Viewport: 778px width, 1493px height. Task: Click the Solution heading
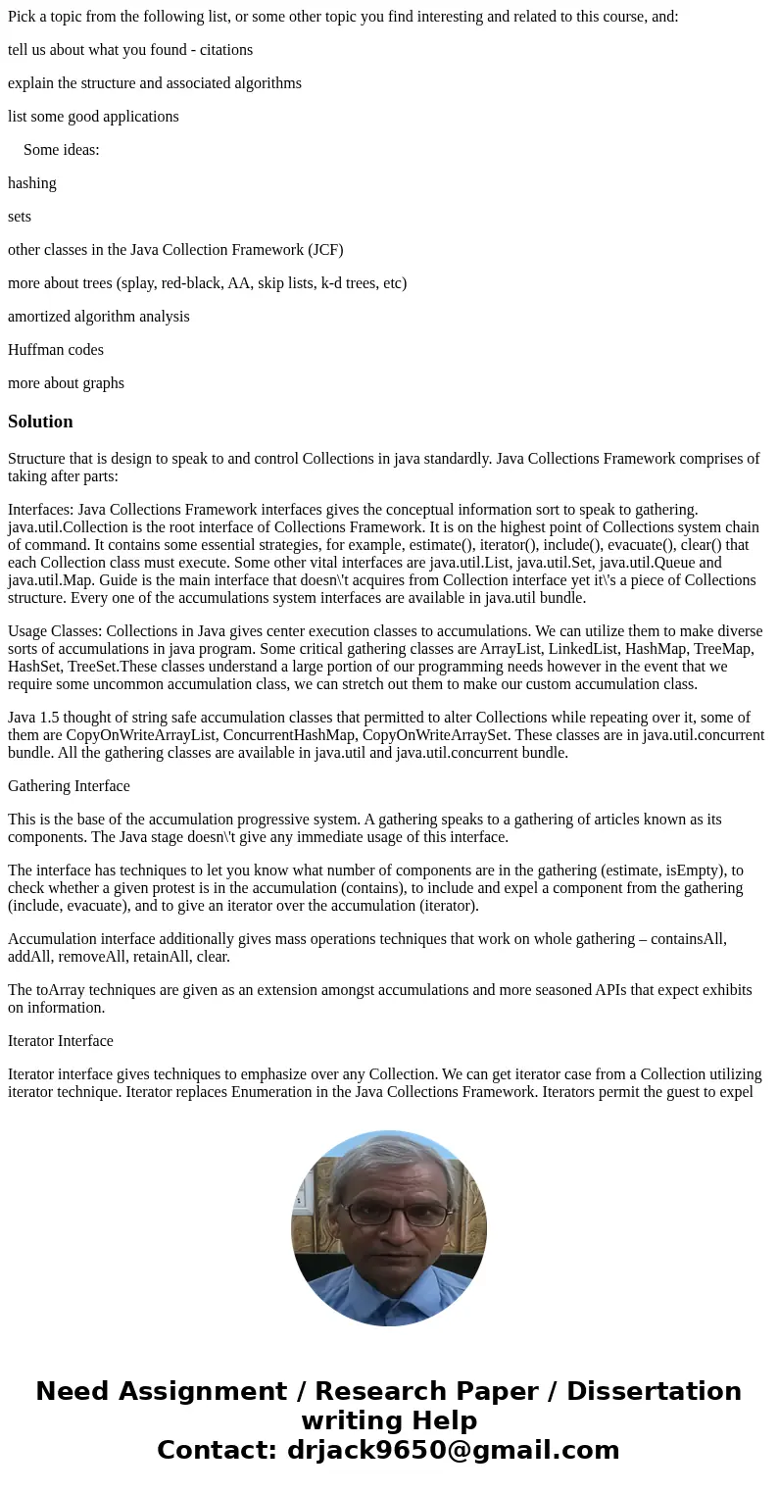coord(40,422)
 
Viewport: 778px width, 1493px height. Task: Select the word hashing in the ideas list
coord(32,183)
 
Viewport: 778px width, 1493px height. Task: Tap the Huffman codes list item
coord(56,350)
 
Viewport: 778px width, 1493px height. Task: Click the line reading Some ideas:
coord(62,150)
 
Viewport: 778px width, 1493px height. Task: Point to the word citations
coord(224,50)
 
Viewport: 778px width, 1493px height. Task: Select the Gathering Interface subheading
coord(69,786)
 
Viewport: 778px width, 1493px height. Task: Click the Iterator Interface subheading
coord(61,1041)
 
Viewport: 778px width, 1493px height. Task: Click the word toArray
coord(63,990)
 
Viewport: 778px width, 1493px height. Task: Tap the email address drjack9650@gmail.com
coord(453,1450)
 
